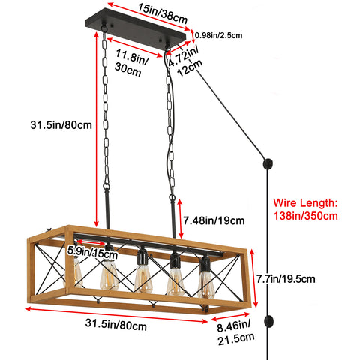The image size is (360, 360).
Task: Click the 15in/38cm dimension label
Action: (163, 13)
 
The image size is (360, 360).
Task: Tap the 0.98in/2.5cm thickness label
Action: (219, 35)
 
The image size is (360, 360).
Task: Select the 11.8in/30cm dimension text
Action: (130, 62)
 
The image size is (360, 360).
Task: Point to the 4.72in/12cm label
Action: (184, 61)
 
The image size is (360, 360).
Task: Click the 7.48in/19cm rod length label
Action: (214, 220)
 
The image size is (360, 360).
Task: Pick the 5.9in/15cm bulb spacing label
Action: (92, 252)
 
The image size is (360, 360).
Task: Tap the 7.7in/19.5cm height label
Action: (286, 279)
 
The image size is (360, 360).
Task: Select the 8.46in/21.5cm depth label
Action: (235, 332)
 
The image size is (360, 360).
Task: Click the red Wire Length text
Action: (305, 202)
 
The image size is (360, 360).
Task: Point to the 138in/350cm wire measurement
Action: (306, 216)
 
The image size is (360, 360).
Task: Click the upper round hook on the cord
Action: (268, 164)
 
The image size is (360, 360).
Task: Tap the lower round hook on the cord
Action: (268, 322)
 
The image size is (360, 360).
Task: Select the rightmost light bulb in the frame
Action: (206, 283)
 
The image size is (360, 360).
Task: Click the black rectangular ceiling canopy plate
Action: (136, 28)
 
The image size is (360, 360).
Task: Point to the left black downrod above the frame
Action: (107, 209)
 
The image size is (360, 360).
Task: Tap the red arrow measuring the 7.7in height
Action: (253, 278)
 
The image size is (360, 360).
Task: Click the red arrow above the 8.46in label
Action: (230, 316)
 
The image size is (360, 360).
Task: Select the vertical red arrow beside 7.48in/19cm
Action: (180, 219)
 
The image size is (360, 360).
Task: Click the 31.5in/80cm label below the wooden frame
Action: (116, 324)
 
